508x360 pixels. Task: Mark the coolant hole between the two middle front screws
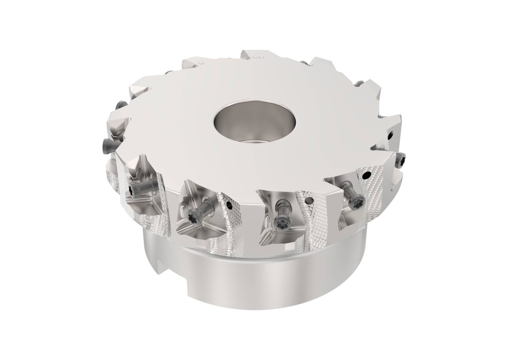coord(229,204)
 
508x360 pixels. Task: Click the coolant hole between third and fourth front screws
coord(310,200)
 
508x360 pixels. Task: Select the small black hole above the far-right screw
coord(391,133)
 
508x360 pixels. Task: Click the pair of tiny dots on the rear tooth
coord(256,57)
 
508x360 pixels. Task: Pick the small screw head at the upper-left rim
coord(120,105)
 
